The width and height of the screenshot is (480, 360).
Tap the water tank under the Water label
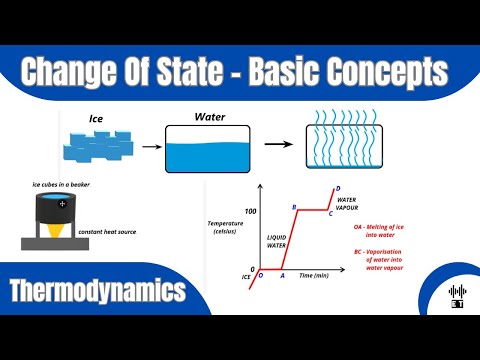pyautogui.click(x=208, y=147)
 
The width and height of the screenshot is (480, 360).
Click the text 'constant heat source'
pyautogui.click(x=109, y=232)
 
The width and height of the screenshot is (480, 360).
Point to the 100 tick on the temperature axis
pyautogui.click(x=251, y=211)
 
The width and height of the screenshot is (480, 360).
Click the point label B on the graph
pyautogui.click(x=294, y=206)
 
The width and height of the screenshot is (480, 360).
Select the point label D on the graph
pyautogui.click(x=338, y=188)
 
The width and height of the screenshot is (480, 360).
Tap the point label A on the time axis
pyautogui.click(x=283, y=275)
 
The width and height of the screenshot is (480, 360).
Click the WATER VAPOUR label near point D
pyautogui.click(x=347, y=204)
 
